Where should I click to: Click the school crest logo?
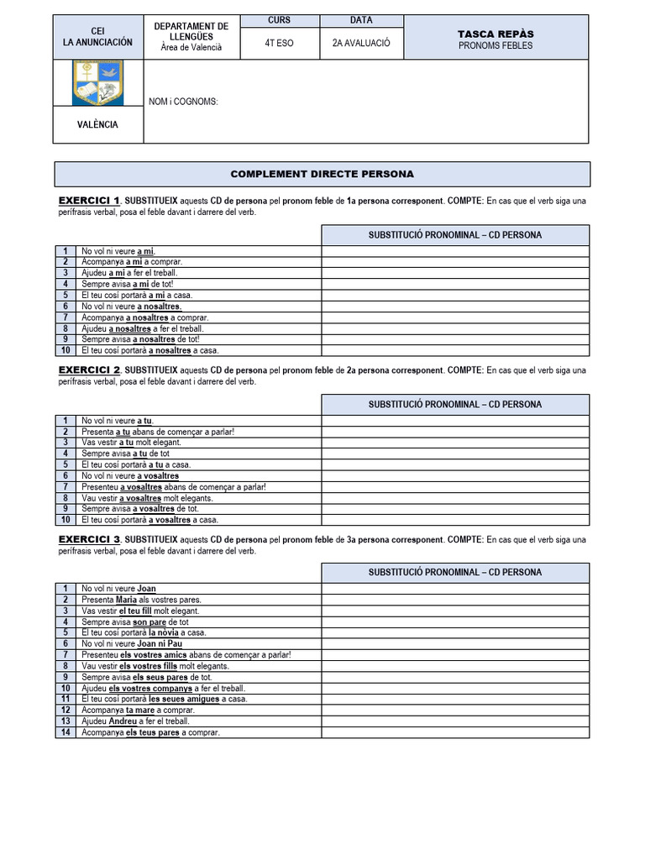pos(98,82)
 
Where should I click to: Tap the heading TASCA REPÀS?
pos(496,34)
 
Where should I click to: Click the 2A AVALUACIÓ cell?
pos(361,43)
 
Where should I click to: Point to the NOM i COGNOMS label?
pos(183,102)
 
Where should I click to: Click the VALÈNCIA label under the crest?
pos(98,124)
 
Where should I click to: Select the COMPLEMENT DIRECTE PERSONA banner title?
pos(322,174)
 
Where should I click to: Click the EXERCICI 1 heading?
pos(89,201)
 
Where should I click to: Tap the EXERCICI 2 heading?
pos(89,370)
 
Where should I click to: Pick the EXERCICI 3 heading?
pos(89,539)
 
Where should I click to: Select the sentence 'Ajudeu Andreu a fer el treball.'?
pos(135,721)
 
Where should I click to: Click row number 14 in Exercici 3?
pos(65,732)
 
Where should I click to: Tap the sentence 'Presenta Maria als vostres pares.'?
pos(141,600)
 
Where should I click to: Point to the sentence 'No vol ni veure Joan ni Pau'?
pos(131,643)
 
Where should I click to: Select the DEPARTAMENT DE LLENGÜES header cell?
pos(191,37)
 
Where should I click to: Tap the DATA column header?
pos(361,20)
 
